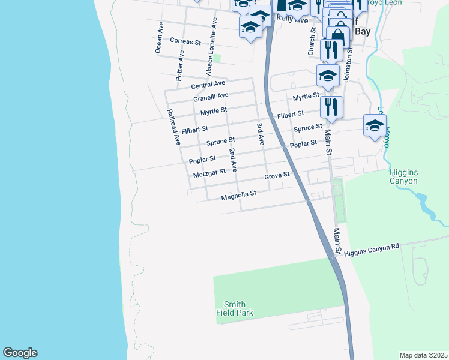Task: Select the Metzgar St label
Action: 209,173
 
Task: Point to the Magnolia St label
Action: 238,194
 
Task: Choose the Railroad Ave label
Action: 174,128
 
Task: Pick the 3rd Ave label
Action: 261,134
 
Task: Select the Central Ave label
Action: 208,83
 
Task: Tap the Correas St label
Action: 185,41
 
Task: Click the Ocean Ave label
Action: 160,38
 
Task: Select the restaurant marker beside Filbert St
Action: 331,107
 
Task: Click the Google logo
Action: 20,353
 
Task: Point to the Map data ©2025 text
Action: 424,355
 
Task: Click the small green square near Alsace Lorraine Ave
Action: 218,58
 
